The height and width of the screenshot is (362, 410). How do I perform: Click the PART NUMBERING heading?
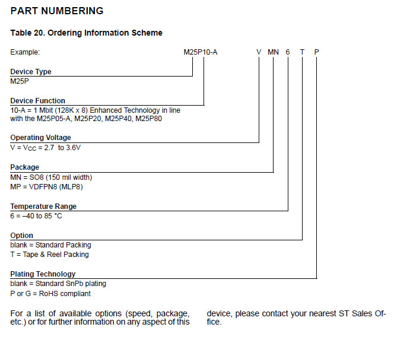pyautogui.click(x=57, y=11)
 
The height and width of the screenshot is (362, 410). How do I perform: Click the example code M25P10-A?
pyautogui.click(x=201, y=52)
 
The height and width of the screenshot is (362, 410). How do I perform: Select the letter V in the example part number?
pyautogui.click(x=259, y=52)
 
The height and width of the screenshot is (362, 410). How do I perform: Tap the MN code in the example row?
pyautogui.click(x=273, y=52)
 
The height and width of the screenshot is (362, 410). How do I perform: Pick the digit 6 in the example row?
pyautogui.click(x=288, y=52)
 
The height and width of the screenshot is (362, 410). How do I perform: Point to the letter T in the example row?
pyautogui.click(x=302, y=52)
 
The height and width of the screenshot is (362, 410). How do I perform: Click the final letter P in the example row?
pyautogui.click(x=316, y=52)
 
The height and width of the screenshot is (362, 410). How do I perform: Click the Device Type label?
pyautogui.click(x=31, y=72)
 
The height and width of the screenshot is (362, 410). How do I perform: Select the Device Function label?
pyautogui.click(x=38, y=101)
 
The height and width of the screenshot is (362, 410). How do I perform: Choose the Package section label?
pyautogui.click(x=25, y=167)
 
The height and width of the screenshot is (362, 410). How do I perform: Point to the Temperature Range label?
pyautogui.click(x=43, y=207)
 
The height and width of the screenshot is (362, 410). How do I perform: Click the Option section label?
pyautogui.click(x=22, y=236)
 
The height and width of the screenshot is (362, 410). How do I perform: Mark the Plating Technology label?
pyautogui.click(x=43, y=274)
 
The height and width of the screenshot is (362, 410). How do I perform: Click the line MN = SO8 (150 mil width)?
pyautogui.click(x=52, y=177)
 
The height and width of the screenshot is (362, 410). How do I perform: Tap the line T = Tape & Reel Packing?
pyautogui.click(x=50, y=255)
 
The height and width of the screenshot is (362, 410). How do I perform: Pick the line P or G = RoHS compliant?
pyautogui.click(x=50, y=293)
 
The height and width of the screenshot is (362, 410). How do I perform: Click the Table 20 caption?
pyautogui.click(x=87, y=33)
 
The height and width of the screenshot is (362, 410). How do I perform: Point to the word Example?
pyautogui.click(x=25, y=52)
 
